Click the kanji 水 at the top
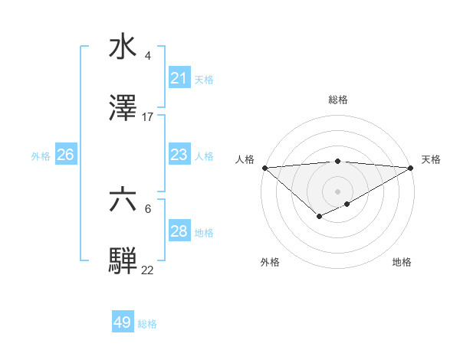click(x=123, y=46)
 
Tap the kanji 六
click(x=123, y=200)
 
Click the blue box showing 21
click(x=179, y=78)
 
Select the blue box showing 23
click(x=179, y=155)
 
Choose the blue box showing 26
click(x=65, y=155)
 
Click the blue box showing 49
click(x=123, y=322)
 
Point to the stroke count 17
click(x=148, y=117)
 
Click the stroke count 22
click(x=148, y=270)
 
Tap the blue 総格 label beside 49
click(x=148, y=324)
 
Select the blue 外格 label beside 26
click(x=41, y=155)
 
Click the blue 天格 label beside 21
click(x=204, y=79)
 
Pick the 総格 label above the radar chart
click(x=337, y=100)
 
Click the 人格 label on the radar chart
click(x=244, y=159)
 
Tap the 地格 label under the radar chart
click(x=402, y=262)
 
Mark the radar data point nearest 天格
click(x=411, y=168)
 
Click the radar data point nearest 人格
click(x=264, y=168)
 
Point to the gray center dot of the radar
click(x=337, y=191)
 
